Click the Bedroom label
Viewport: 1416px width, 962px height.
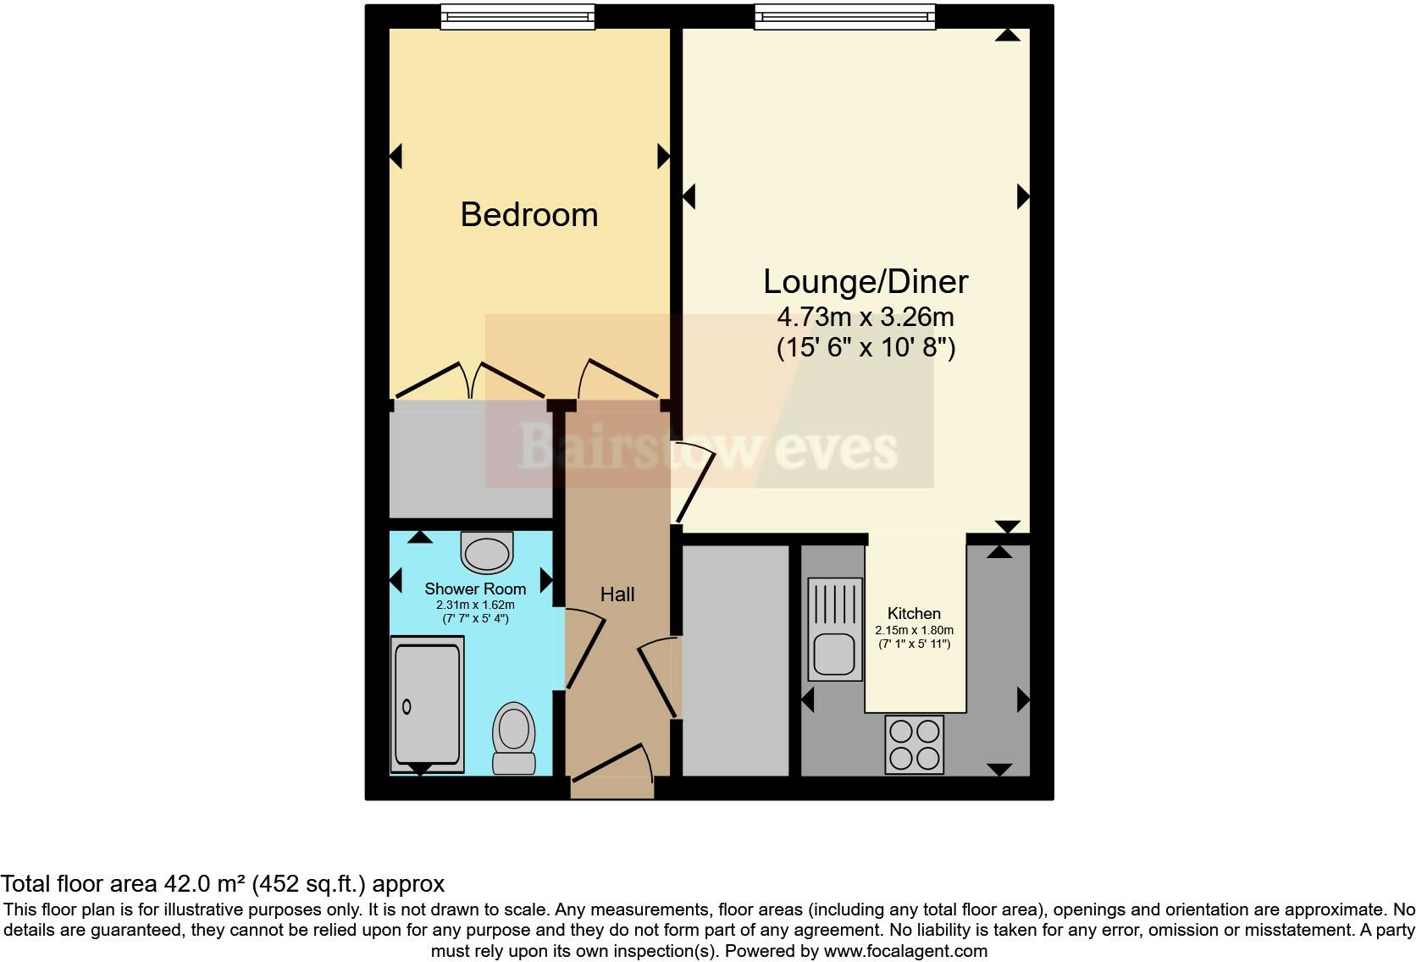point(529,215)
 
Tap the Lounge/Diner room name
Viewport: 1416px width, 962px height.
point(866,282)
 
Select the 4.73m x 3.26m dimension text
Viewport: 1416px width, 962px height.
point(866,318)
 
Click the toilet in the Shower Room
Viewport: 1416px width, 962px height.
point(513,738)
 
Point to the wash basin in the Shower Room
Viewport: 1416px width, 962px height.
point(488,552)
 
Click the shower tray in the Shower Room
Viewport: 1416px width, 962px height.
point(428,705)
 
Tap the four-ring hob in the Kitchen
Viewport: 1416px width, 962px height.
point(914,744)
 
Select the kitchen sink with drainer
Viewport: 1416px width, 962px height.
point(835,628)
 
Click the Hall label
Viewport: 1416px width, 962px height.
point(617,594)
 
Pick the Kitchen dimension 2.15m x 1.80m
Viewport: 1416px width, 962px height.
point(914,631)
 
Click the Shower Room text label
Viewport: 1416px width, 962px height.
point(475,589)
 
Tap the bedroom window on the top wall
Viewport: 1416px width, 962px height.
point(517,17)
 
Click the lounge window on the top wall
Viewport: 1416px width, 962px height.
point(845,17)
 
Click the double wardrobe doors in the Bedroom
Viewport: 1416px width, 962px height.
point(470,381)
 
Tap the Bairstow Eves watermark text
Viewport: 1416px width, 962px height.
point(707,447)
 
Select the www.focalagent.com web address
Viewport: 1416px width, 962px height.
point(905,951)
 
